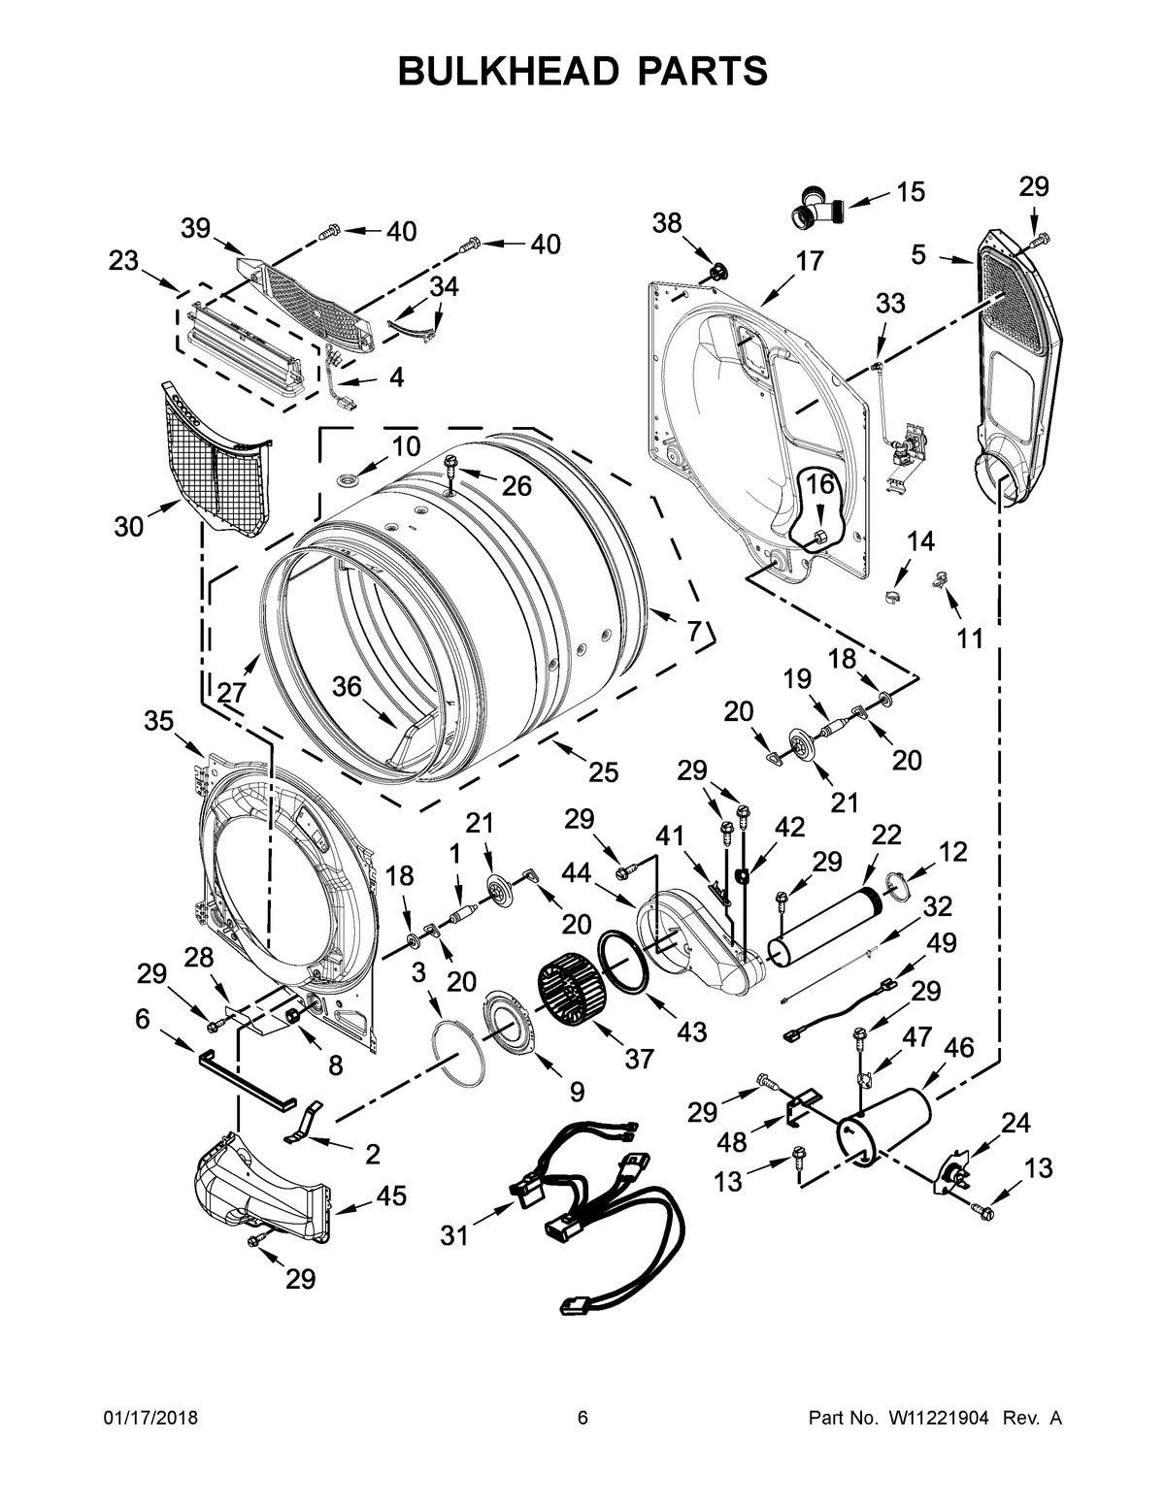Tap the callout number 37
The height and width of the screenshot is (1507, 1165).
pos(639,1059)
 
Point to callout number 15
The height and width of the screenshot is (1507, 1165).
pos(910,192)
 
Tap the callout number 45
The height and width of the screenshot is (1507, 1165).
pos(391,1195)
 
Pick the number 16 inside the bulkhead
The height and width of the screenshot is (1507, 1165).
pos(820,484)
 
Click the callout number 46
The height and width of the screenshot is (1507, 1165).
pos(958,1047)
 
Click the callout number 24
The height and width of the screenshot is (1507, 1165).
pos(1015,1123)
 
